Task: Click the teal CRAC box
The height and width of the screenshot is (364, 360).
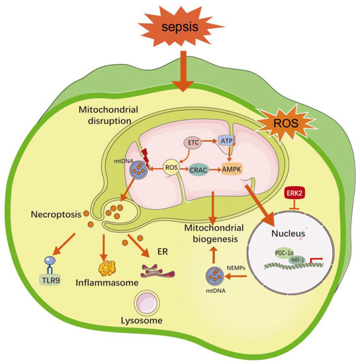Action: pyautogui.click(x=198, y=169)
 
